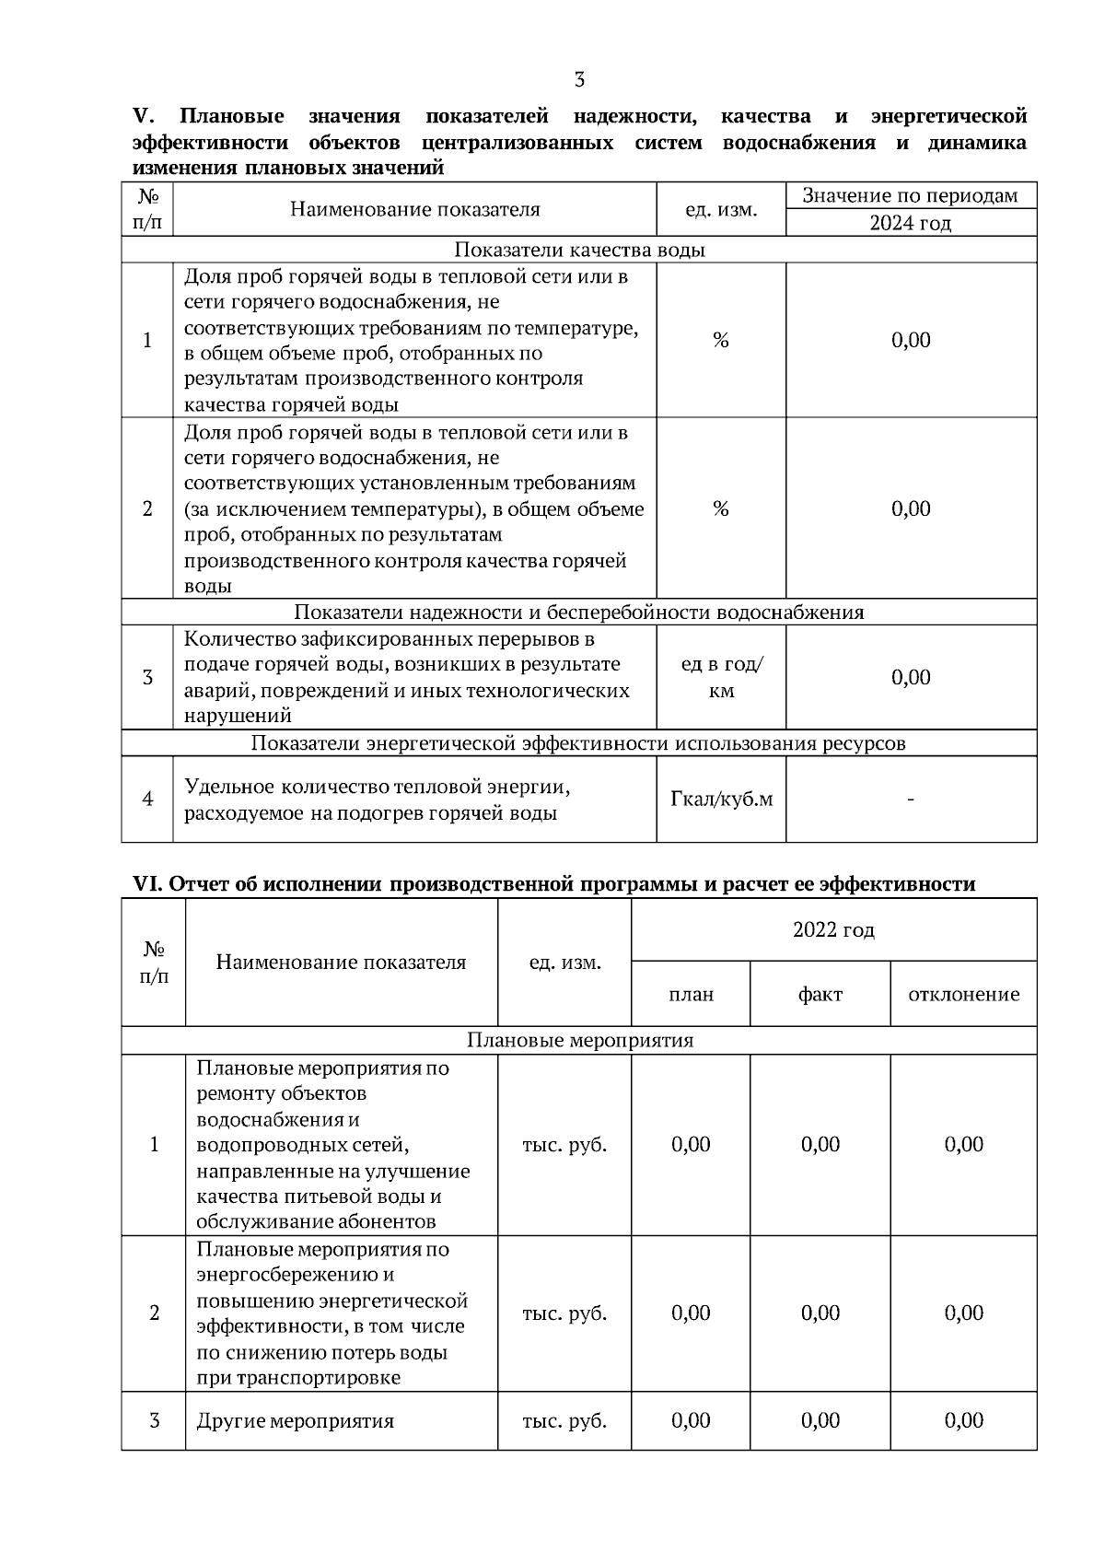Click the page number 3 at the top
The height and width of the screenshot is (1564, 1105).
(579, 80)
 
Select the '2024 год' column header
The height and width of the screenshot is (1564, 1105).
(910, 223)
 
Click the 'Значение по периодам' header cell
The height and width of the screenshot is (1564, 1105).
(910, 195)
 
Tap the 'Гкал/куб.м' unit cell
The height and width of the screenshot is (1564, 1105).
(721, 799)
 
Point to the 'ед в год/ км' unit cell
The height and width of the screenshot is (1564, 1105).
(721, 677)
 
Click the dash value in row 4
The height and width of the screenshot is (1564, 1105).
(910, 799)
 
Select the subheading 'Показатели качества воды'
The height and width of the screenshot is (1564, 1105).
(579, 250)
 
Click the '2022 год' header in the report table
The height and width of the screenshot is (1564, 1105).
(833, 929)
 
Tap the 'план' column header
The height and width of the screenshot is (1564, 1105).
(691, 994)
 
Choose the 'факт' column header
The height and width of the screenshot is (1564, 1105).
(820, 994)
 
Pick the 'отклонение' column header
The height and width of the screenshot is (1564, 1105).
(963, 994)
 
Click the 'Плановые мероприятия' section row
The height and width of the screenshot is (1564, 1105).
(579, 1040)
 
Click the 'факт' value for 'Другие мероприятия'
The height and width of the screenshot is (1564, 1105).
(820, 1420)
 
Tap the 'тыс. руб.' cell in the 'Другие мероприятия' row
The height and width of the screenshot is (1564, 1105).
(564, 1420)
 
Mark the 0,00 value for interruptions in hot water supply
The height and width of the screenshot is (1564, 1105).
(910, 677)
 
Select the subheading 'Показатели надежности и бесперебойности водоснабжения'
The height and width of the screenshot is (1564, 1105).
(579, 613)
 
